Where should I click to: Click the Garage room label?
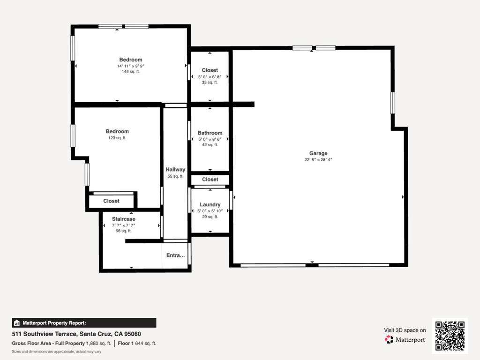(318, 153)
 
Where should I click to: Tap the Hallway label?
(175, 170)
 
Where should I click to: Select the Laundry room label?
(210, 204)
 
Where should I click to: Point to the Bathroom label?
(210, 133)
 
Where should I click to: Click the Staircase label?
(124, 219)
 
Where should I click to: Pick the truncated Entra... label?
(175, 255)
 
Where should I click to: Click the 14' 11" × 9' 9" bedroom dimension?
(131, 66)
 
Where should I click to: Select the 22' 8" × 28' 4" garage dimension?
(318, 159)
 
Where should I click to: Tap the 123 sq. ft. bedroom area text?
(117, 138)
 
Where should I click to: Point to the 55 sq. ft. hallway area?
(175, 176)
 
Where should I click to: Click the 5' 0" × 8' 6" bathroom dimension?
(210, 139)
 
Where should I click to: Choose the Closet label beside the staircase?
(111, 201)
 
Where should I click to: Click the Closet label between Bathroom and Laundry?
(210, 180)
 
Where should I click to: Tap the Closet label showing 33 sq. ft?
(210, 70)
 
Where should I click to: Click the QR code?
(450, 336)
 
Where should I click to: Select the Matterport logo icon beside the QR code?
(389, 339)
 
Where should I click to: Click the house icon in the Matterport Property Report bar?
(17, 323)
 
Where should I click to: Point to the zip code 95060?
(132, 334)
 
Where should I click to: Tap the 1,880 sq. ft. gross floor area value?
(98, 344)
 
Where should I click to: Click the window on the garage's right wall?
(393, 103)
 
